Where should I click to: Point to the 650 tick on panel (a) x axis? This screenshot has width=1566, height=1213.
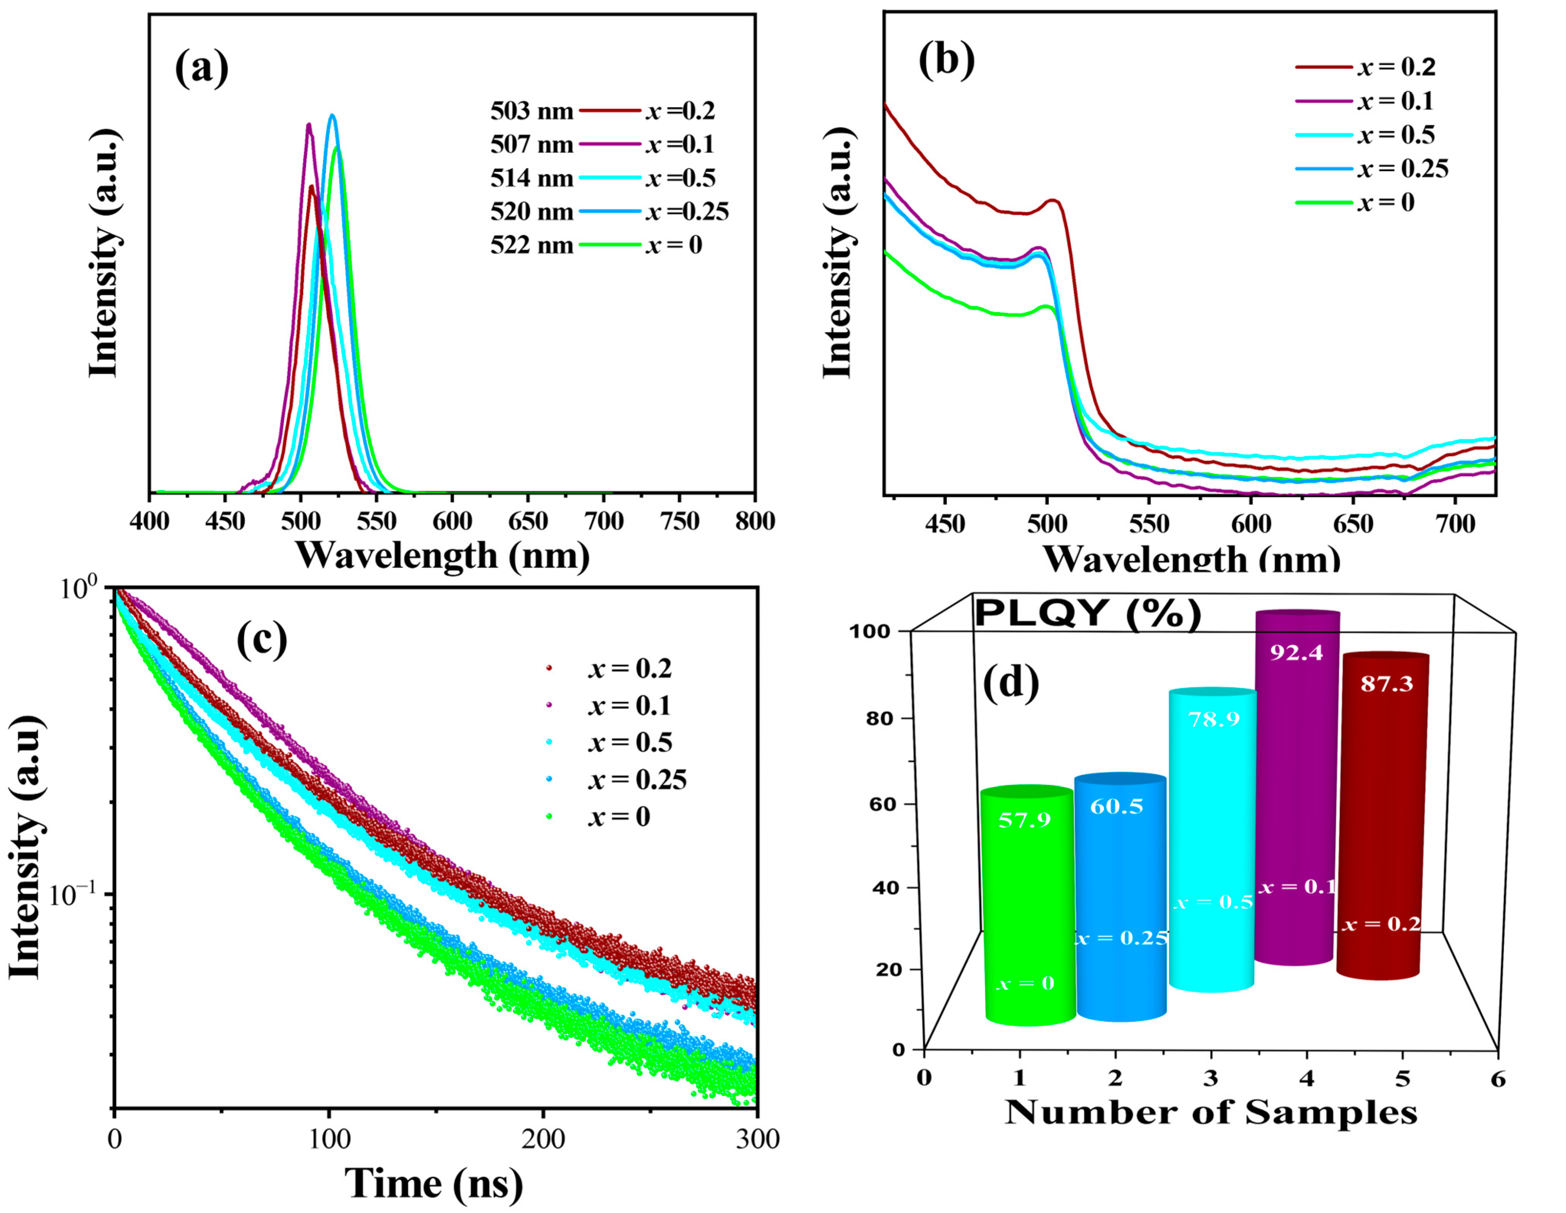(528, 521)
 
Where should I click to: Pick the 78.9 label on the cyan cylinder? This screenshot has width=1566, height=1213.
(1213, 719)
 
